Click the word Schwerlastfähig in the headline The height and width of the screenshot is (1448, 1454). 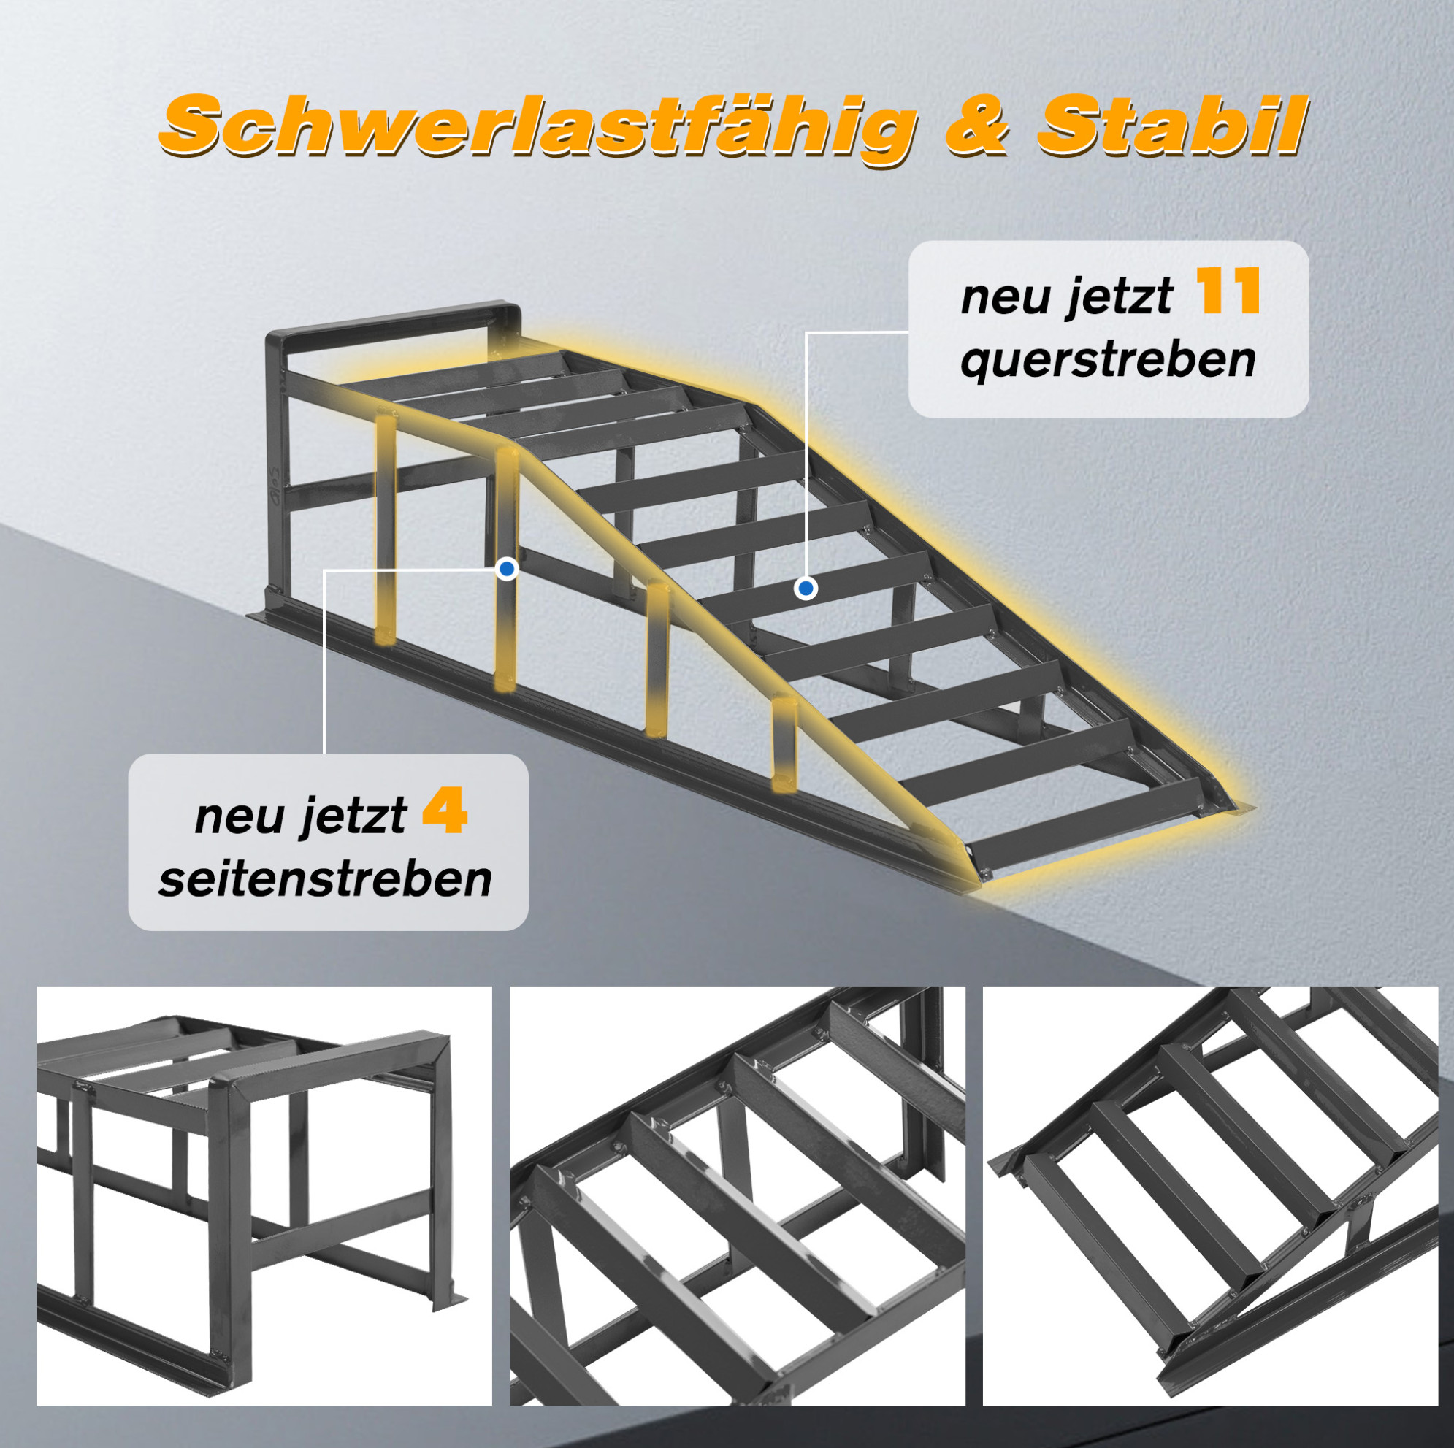[537, 125]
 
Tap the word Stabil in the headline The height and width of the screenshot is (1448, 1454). [1168, 125]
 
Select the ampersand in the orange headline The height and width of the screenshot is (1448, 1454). [976, 126]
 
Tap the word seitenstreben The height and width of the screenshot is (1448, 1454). [325, 878]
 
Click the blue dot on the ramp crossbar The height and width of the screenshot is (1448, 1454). [806, 588]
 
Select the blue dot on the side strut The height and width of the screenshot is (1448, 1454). [508, 569]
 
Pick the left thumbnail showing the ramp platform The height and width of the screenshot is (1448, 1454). [264, 1196]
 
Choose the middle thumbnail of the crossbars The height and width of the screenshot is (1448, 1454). [738, 1196]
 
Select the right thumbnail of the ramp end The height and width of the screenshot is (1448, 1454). [1210, 1196]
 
